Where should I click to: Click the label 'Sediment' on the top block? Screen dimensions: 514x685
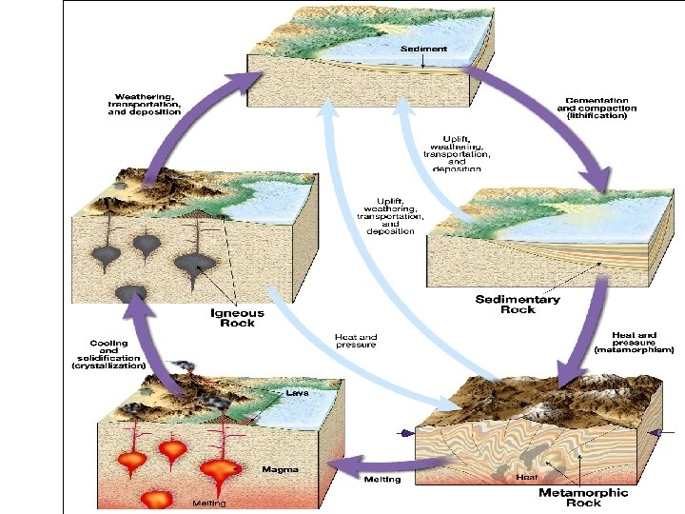(x=423, y=49)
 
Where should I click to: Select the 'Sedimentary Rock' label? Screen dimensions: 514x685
(x=518, y=305)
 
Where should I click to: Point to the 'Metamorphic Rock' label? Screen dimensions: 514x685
(x=583, y=497)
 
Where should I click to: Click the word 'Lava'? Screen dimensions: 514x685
(x=297, y=391)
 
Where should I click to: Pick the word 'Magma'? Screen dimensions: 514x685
(x=283, y=469)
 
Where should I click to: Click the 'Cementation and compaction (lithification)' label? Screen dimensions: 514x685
(x=600, y=108)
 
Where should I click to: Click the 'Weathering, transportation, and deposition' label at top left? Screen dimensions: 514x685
(x=145, y=105)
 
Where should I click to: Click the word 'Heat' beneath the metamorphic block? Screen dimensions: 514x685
(x=527, y=477)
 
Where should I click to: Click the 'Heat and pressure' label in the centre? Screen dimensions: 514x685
(x=357, y=341)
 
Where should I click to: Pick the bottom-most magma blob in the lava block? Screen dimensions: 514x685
(x=156, y=498)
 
